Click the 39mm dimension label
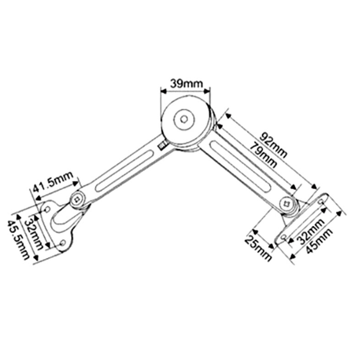point(186,84)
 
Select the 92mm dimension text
point(273,145)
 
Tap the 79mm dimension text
point(263,155)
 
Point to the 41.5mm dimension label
point(53,181)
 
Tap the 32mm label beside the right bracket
point(311,231)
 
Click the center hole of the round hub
point(184,119)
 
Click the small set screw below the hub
point(162,146)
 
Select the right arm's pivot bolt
point(286,203)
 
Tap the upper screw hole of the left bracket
point(47,209)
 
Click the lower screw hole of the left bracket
point(62,243)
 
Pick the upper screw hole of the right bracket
point(322,202)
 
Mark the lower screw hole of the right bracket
point(284,237)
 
